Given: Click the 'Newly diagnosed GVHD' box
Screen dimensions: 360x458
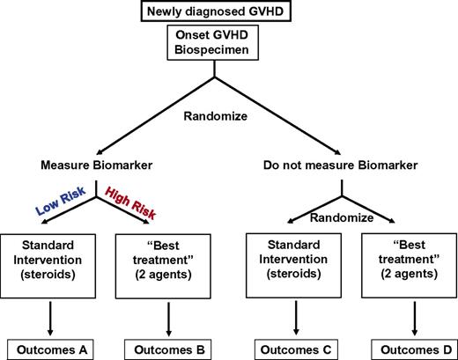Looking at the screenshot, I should point(229,11).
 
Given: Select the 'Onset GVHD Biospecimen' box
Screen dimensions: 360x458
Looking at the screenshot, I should point(229,42).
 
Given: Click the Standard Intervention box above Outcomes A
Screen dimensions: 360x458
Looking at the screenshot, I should point(48,262).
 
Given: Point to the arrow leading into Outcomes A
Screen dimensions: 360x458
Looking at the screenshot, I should point(48,314).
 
